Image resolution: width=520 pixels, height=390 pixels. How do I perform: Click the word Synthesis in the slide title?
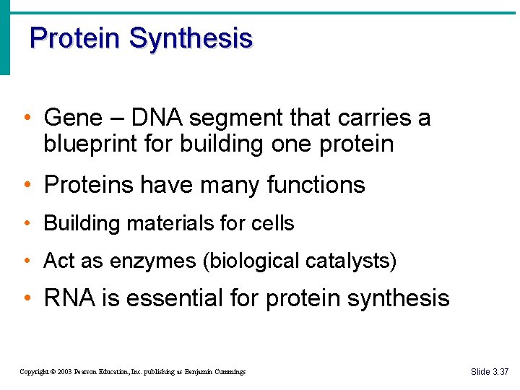pyautogui.click(x=191, y=38)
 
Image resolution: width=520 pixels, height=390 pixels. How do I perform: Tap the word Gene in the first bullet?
pyautogui.click(x=69, y=117)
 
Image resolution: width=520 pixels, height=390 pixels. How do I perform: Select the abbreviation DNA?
pyautogui.click(x=152, y=117)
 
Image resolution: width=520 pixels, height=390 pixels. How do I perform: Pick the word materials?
pyautogui.click(x=170, y=223)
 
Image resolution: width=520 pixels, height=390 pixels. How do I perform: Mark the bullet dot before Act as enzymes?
pyautogui.click(x=27, y=261)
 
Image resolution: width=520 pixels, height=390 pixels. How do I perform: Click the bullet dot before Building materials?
pyautogui.click(x=27, y=223)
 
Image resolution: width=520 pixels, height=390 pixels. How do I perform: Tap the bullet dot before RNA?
pyautogui.click(x=27, y=298)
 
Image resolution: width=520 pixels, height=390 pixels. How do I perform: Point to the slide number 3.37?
pyautogui.click(x=500, y=372)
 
